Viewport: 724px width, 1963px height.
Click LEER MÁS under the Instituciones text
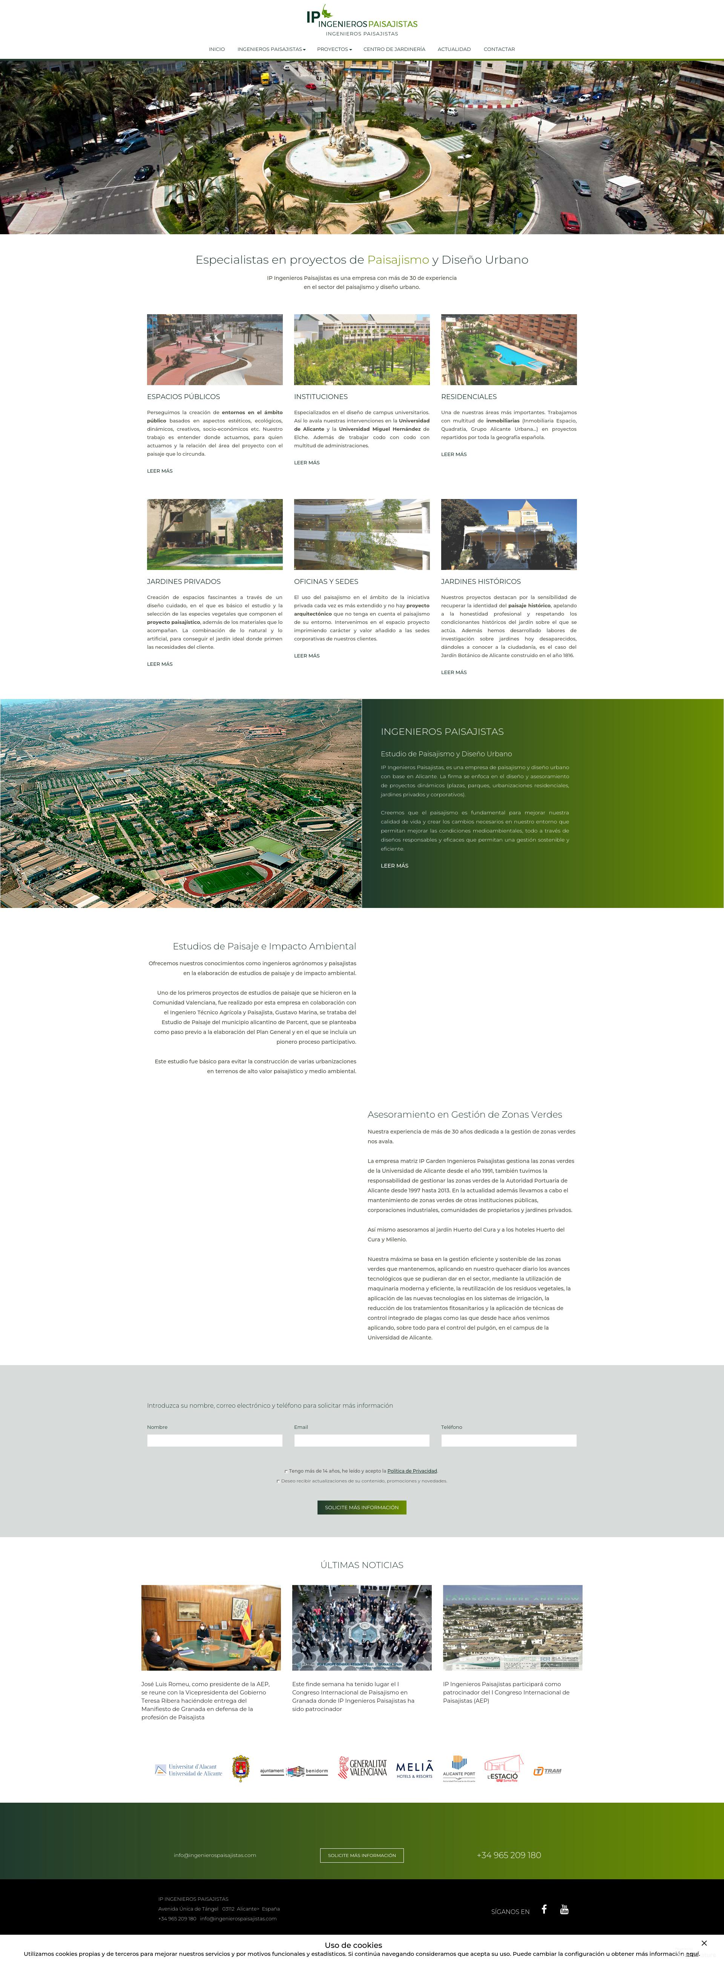click(x=306, y=462)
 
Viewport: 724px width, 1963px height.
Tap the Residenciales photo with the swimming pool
click(x=508, y=350)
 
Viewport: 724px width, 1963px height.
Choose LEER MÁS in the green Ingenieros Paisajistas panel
click(x=394, y=866)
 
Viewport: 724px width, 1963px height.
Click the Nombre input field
click(x=214, y=1440)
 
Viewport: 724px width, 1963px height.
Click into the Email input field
click(x=361, y=1440)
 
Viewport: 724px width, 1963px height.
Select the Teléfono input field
click(x=508, y=1440)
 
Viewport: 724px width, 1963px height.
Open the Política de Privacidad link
click(x=411, y=1471)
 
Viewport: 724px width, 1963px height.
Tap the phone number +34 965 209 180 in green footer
click(x=508, y=1855)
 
